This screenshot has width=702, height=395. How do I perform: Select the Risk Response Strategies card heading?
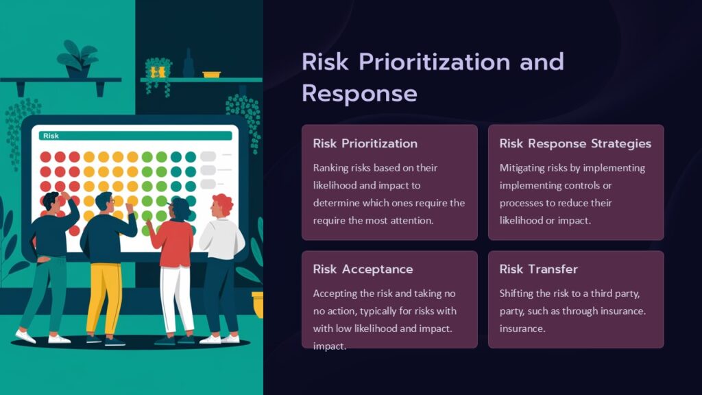[575, 143]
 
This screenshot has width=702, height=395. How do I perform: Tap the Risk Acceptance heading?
[363, 269]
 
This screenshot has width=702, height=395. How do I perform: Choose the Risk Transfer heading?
[538, 269]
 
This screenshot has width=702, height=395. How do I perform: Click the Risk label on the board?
[51, 136]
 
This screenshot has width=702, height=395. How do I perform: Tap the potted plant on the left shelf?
[77, 60]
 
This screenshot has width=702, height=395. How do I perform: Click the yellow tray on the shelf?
[212, 73]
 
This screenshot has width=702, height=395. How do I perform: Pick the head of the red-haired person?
[221, 205]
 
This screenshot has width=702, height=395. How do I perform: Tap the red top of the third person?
[173, 243]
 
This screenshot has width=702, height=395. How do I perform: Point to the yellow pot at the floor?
[258, 304]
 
